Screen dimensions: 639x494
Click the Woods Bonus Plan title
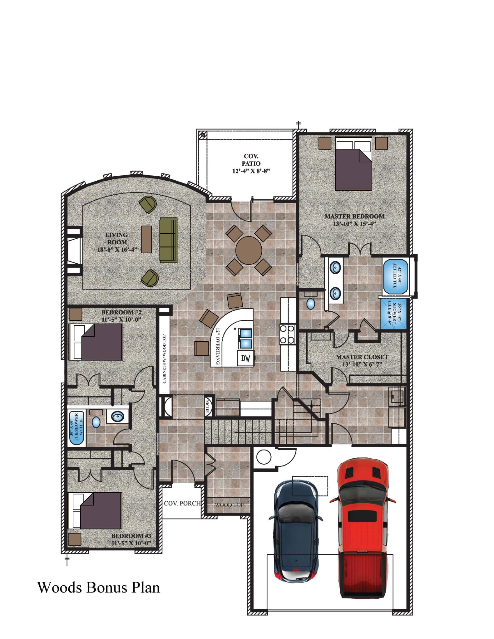pos(99,587)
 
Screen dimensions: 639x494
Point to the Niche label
pos(207,406)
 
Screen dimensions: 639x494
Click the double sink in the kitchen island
pos(245,338)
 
